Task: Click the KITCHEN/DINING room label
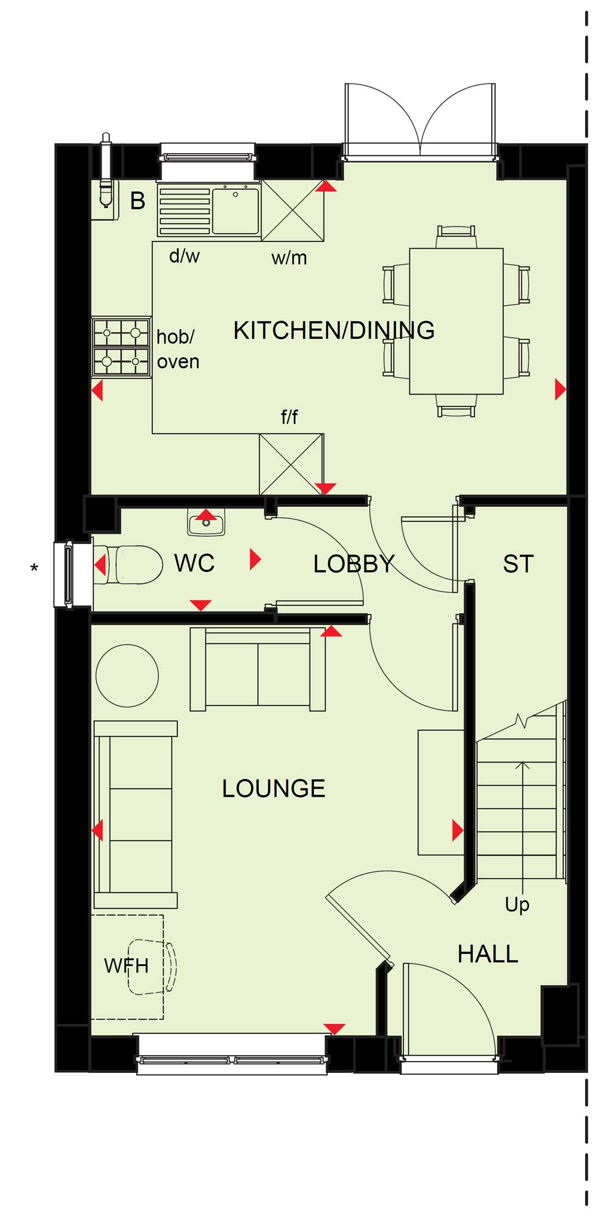tap(333, 330)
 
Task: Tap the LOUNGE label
tap(273, 788)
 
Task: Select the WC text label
tap(194, 563)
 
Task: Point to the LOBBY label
tap(354, 564)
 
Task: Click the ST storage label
tap(518, 564)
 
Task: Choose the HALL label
tap(488, 954)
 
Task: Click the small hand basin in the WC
tap(206, 523)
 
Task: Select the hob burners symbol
tap(121, 347)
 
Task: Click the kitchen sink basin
tap(236, 210)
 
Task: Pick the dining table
tap(456, 322)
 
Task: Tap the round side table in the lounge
tap(127, 675)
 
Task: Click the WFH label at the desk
tap(126, 965)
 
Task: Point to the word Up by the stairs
tap(517, 905)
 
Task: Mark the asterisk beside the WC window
tap(34, 568)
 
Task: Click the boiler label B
tap(137, 201)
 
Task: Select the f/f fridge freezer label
tap(289, 417)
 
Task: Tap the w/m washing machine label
tap(289, 258)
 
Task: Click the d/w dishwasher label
tap(184, 256)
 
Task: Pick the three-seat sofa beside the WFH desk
tap(136, 815)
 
